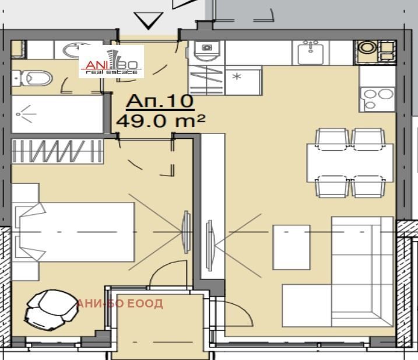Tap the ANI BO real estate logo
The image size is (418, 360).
tap(112, 61)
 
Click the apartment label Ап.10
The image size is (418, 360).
tap(160, 101)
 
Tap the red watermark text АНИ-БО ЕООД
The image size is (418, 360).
tap(120, 304)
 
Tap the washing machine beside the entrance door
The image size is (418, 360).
tap(206, 53)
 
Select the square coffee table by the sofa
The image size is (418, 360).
tap(291, 247)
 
